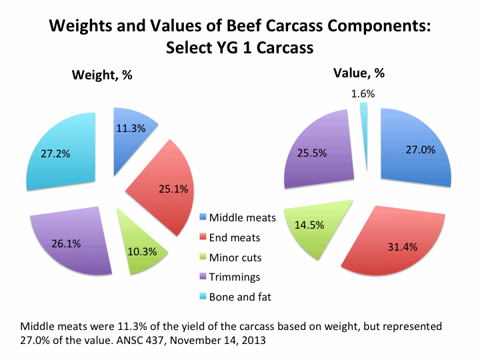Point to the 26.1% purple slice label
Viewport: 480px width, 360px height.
[x=66, y=244]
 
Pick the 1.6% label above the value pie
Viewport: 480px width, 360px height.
[x=362, y=94]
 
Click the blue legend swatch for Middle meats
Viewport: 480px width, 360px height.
[x=203, y=218]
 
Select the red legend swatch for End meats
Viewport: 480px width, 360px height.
[x=203, y=237]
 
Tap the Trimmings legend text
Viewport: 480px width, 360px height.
[x=234, y=276]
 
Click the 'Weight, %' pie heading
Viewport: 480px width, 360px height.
[x=101, y=75]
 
